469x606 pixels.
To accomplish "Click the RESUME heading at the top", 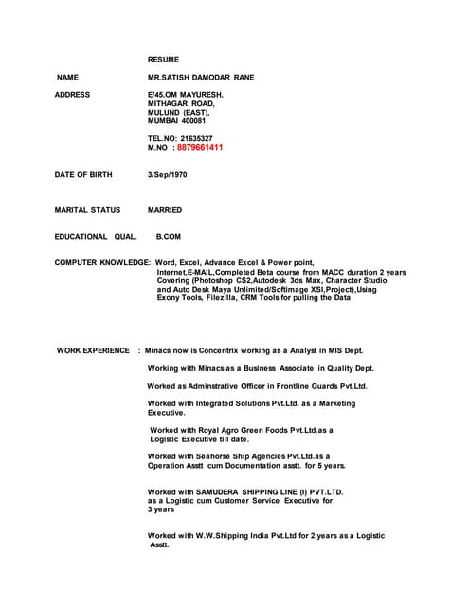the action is [163, 59].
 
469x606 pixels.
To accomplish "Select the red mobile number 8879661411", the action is [200, 148].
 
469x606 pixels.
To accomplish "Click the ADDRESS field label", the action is [72, 95].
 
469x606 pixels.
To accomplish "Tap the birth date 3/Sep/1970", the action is [168, 175].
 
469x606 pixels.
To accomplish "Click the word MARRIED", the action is [165, 210].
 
